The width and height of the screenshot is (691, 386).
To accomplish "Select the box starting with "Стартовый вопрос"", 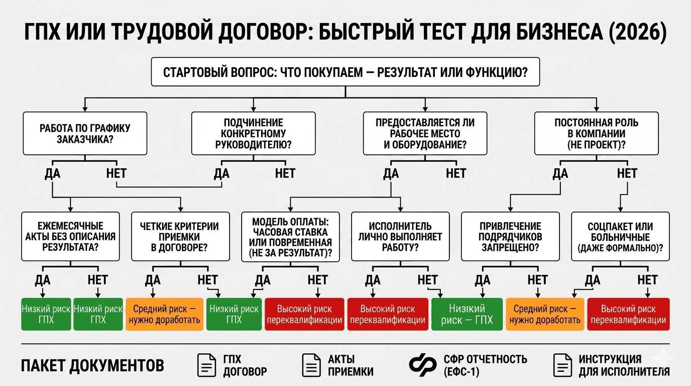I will pyautogui.click(x=345, y=72).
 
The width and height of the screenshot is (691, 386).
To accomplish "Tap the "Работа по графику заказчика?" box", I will pyautogui.click(x=85, y=133).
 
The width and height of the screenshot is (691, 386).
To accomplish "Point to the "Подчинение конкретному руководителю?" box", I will pyautogui.click(x=254, y=133).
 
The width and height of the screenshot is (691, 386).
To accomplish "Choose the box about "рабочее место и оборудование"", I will pyautogui.click(x=425, y=133).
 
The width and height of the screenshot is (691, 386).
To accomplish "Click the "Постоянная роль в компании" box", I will pyautogui.click(x=596, y=133).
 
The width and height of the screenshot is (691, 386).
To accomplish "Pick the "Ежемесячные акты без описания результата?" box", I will pyautogui.click(x=70, y=236).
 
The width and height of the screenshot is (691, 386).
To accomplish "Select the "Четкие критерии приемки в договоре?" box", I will pyautogui.click(x=182, y=236).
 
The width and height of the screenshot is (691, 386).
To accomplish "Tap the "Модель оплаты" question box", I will pyautogui.click(x=290, y=236).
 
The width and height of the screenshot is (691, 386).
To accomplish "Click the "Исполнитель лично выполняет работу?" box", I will pyautogui.click(x=400, y=236).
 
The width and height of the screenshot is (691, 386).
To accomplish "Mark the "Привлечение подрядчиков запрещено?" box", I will pyautogui.click(x=510, y=236).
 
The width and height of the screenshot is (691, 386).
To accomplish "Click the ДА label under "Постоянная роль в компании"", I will pyautogui.click(x=560, y=174).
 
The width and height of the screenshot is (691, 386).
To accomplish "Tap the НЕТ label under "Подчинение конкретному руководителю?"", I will pyautogui.click(x=285, y=174).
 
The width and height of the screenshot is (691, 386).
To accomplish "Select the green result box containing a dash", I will pyautogui.click(x=467, y=314).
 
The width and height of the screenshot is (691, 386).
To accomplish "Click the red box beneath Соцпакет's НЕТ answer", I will pyautogui.click(x=628, y=314).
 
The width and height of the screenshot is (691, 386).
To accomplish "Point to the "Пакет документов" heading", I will pyautogui.click(x=92, y=365).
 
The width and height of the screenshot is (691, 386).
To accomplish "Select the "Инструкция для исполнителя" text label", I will pyautogui.click(x=624, y=365).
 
